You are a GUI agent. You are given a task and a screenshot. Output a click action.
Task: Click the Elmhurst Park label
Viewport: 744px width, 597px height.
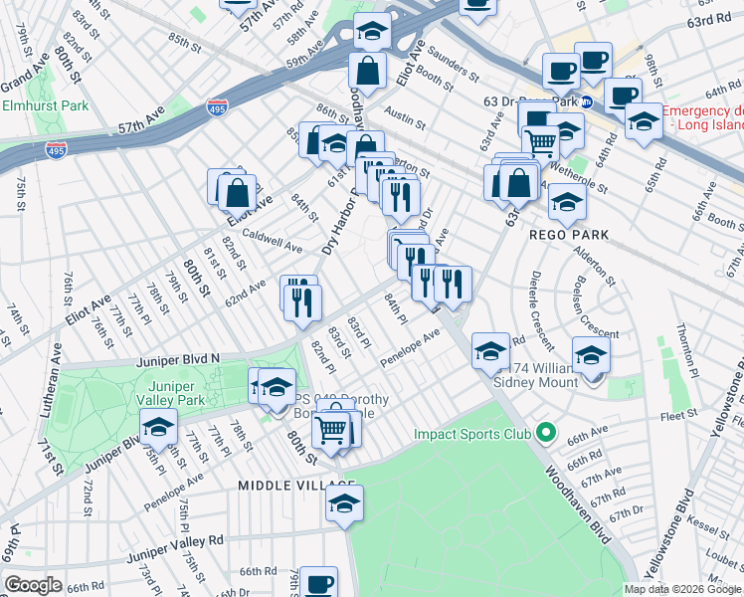coord(45,105)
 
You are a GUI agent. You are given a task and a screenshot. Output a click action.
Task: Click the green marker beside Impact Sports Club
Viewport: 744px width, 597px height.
coord(544,433)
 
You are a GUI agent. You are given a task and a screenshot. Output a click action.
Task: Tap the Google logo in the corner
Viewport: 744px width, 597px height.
coord(34,585)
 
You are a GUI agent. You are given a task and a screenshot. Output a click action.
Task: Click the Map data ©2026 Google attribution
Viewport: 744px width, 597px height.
coord(681,589)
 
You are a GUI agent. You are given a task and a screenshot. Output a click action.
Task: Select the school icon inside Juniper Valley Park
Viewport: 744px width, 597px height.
coord(158,428)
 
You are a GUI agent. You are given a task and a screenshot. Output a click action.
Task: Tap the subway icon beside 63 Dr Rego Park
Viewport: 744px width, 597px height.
coord(587,101)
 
